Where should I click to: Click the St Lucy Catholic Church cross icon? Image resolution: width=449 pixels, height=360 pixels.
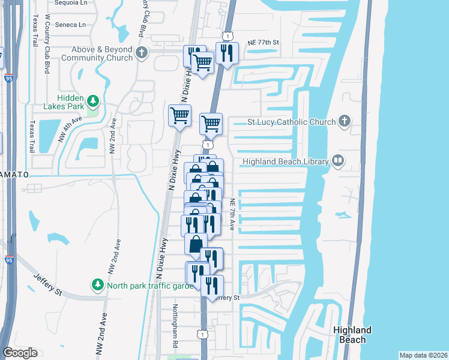coord(345,122)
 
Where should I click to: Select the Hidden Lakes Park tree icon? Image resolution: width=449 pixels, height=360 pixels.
coord(92,100)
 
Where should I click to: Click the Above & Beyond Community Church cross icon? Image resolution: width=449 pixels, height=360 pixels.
coord(141,53)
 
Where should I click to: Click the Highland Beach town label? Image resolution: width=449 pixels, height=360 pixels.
coord(352,335)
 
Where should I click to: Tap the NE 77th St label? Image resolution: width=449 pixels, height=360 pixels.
coord(264,43)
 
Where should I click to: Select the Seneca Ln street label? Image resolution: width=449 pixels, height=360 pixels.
coord(70,25)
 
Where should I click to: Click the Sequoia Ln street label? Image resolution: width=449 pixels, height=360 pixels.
coord(71,2)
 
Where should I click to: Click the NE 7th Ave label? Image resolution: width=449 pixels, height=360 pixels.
coord(232,214)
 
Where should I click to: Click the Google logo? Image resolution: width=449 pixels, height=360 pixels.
coord(20,353)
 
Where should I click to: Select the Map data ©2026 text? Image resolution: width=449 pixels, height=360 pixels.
coord(424,355)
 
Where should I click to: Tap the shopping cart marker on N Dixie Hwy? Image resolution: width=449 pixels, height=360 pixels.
coord(179,115)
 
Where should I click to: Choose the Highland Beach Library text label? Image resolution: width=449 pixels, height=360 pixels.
coord(285,161)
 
